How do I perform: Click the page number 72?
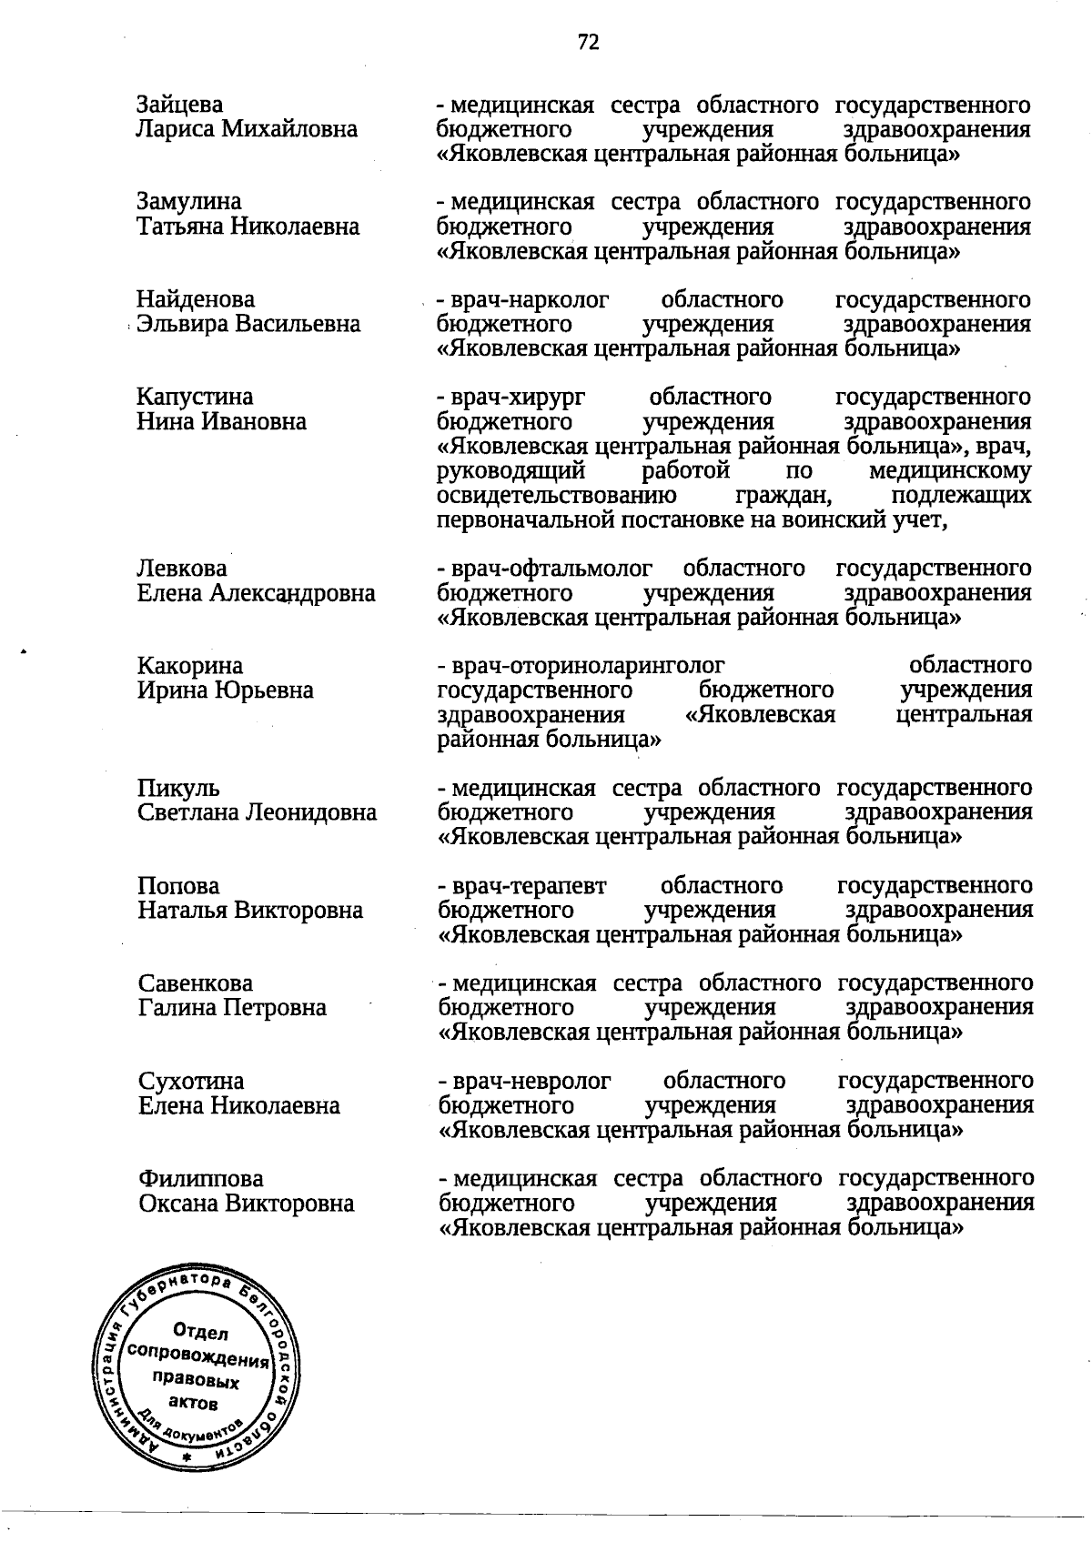click(x=588, y=42)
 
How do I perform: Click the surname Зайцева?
click(x=179, y=105)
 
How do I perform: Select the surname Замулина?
click(x=189, y=202)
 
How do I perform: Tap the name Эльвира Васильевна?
click(x=248, y=324)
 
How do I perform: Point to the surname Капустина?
click(x=195, y=398)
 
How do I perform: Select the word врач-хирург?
click(x=516, y=398)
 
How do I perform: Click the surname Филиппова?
click(x=200, y=1179)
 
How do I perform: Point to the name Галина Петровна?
click(x=232, y=1008)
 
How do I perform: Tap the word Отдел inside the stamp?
click(x=199, y=1333)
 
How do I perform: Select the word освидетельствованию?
click(x=556, y=496)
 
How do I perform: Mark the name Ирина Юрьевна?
click(x=225, y=690)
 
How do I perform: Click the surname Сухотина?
click(x=191, y=1082)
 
